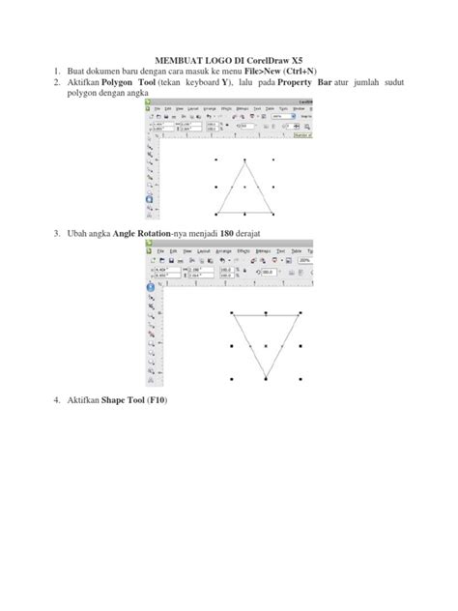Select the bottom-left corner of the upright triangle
pos(216,214)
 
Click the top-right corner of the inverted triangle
pos(298,313)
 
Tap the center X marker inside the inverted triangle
pos(265,346)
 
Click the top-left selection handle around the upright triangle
pos(215,159)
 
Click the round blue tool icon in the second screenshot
pos(150,287)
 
